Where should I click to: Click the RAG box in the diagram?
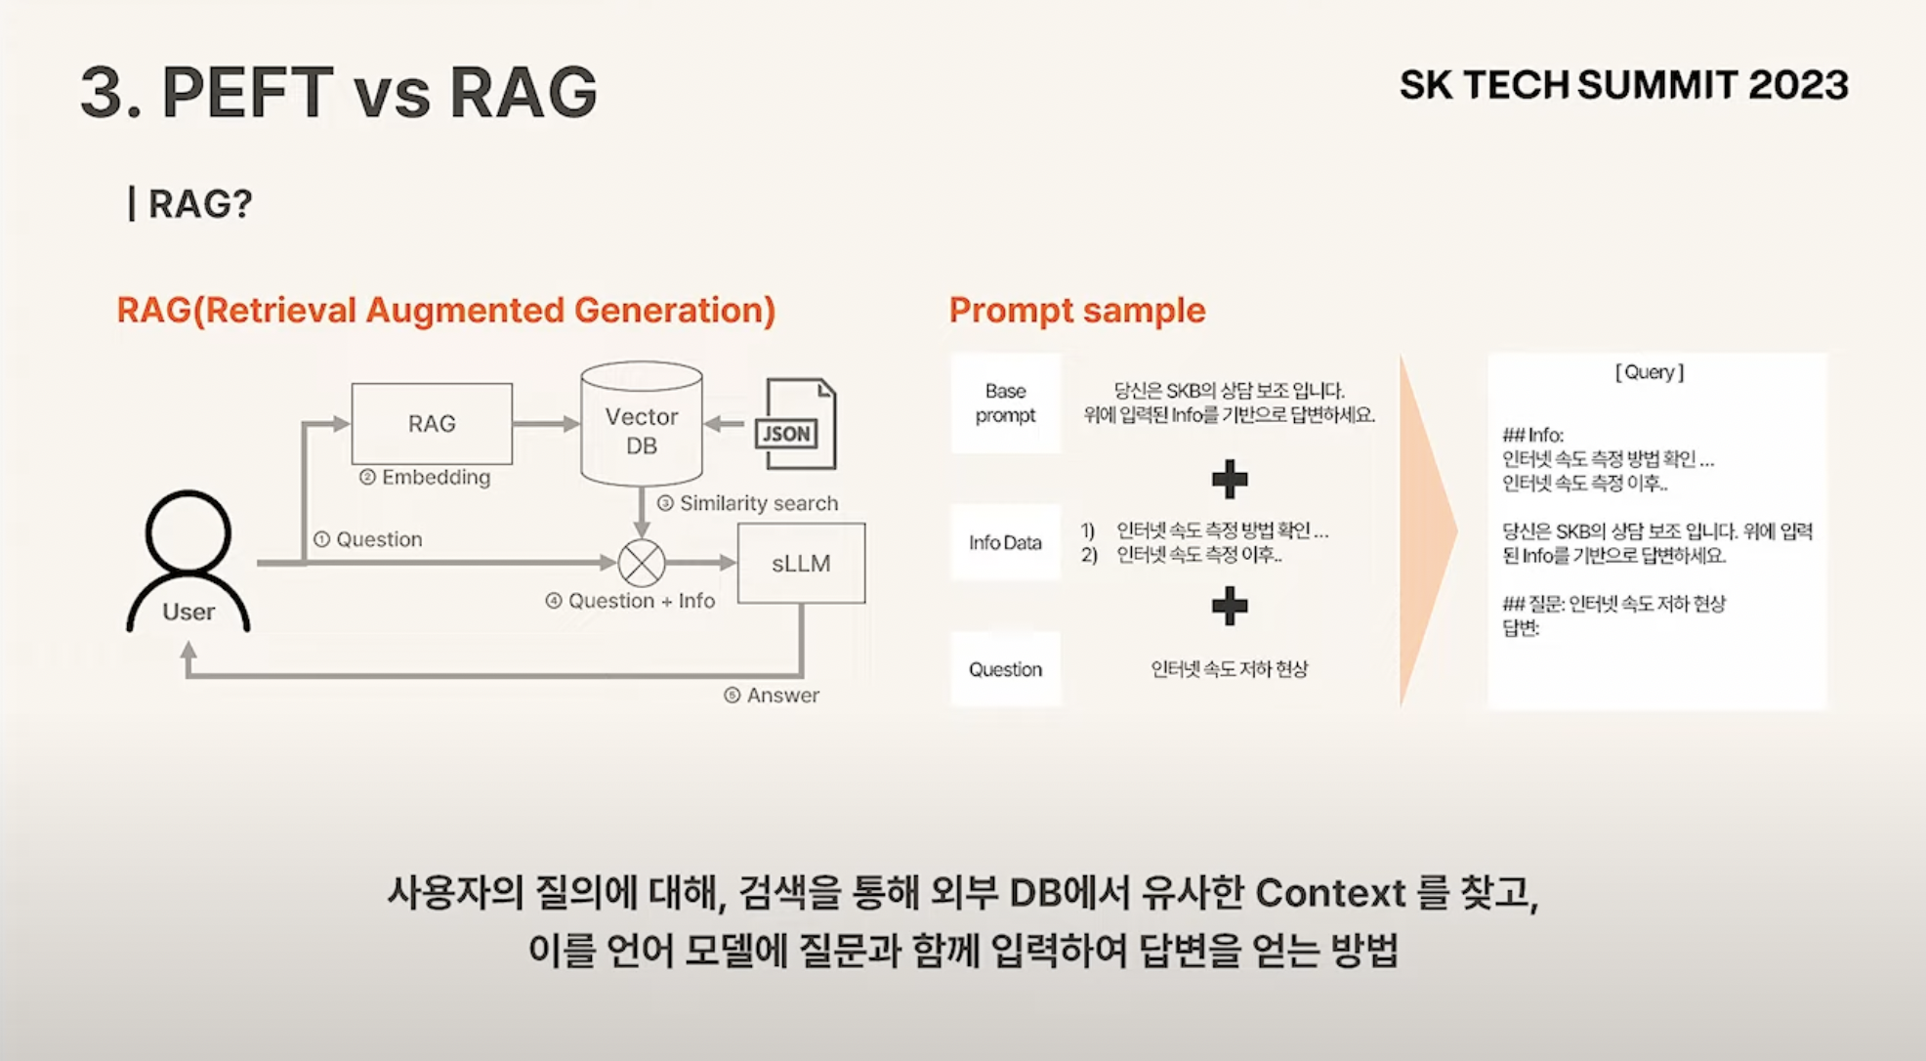pyautogui.click(x=432, y=423)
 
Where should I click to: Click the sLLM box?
pyautogui.click(x=801, y=564)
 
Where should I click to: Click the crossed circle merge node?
pyautogui.click(x=642, y=563)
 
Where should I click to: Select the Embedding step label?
pyautogui.click(x=426, y=478)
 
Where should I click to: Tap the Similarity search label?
pyautogui.click(x=748, y=503)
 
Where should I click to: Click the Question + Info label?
pyautogui.click(x=631, y=601)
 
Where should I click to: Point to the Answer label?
pyautogui.click(x=773, y=696)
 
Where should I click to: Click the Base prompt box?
pyautogui.click(x=1005, y=403)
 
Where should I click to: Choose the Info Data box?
pyautogui.click(x=1005, y=542)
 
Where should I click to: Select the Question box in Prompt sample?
pyautogui.click(x=1005, y=669)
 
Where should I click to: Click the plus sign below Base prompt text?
pyautogui.click(x=1230, y=479)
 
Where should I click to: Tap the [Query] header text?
pyautogui.click(x=1650, y=372)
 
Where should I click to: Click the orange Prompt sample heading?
pyautogui.click(x=1077, y=311)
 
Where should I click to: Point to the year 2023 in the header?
pyautogui.click(x=1798, y=85)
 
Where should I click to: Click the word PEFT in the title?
pyautogui.click(x=247, y=93)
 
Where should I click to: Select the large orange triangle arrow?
pyautogui.click(x=1425, y=530)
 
